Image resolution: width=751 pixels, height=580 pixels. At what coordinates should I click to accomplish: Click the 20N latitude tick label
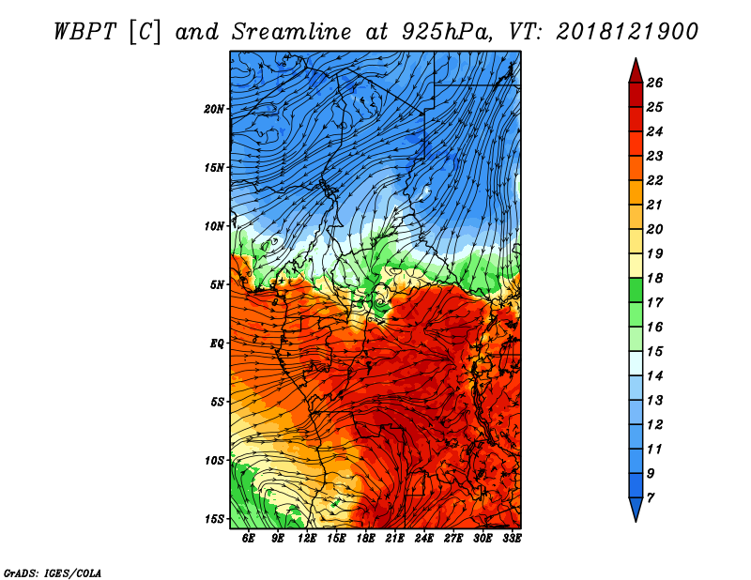point(214,109)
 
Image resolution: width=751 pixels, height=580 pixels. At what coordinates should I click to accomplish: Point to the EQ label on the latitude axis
point(217,343)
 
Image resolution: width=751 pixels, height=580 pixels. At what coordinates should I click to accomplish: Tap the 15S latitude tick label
point(214,519)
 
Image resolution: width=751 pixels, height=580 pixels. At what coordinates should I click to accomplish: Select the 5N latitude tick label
point(217,285)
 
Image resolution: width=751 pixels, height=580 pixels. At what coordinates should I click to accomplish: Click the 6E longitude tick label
point(248,538)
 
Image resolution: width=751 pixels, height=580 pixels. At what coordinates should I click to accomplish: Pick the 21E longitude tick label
point(394,538)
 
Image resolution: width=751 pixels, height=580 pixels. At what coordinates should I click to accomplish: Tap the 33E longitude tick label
point(512,538)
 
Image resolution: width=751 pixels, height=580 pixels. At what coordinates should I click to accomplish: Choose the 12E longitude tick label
point(307,538)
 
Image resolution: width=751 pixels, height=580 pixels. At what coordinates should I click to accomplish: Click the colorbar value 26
point(654,83)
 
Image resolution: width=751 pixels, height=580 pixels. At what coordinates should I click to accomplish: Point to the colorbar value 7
point(651,498)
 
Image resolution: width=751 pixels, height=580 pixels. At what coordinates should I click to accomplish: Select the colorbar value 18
point(654,278)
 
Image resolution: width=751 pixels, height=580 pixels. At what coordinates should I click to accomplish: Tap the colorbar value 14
point(654,376)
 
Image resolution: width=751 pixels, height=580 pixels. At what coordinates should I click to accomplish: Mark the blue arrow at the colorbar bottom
point(636,508)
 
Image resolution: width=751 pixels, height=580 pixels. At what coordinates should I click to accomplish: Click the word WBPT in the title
point(84,32)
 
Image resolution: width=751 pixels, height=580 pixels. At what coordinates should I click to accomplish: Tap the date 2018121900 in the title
point(627,32)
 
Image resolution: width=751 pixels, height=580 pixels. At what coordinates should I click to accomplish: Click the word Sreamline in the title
point(292,32)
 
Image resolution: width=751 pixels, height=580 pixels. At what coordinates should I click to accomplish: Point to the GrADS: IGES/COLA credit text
point(53,572)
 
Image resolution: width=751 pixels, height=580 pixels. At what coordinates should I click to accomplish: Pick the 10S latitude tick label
point(214,461)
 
